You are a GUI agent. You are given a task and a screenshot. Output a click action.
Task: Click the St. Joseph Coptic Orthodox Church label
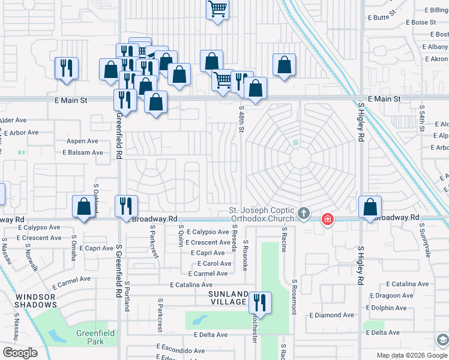click(x=262, y=214)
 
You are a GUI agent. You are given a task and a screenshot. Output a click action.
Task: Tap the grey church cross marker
click(x=304, y=213)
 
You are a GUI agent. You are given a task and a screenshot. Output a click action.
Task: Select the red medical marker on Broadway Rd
click(x=327, y=220)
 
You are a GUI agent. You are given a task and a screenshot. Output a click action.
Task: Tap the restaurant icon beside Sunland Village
click(x=260, y=302)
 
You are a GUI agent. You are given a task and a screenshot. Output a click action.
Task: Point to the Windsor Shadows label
click(x=35, y=301)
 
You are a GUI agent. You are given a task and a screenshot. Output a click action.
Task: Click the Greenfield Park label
click(x=89, y=337)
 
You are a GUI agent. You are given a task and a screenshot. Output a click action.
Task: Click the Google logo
click(x=20, y=353)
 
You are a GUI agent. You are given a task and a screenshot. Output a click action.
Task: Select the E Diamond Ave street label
click(x=331, y=315)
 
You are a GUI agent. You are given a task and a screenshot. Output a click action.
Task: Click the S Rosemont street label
click(x=294, y=296)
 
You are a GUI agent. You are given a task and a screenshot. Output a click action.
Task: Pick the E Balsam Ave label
click(x=83, y=152)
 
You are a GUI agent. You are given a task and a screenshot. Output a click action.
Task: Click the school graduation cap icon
click(x=442, y=340)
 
